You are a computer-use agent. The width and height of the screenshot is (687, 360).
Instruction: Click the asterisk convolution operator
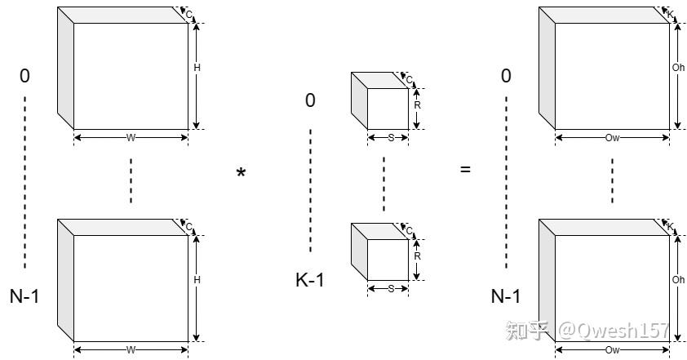(x=241, y=172)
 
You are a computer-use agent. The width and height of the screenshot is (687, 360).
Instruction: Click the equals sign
(x=465, y=169)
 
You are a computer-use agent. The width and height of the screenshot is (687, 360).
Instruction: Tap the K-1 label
(x=310, y=280)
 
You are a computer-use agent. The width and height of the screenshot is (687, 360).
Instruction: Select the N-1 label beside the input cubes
(x=24, y=296)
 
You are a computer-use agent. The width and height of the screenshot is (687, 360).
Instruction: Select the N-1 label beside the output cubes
(x=506, y=296)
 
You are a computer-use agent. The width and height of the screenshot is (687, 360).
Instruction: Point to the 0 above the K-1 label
(x=310, y=100)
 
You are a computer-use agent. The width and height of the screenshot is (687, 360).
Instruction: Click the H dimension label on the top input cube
(x=197, y=68)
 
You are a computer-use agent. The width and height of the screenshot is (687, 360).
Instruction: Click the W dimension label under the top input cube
(x=131, y=138)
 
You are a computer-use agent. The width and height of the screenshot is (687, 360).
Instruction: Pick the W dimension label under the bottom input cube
(x=131, y=350)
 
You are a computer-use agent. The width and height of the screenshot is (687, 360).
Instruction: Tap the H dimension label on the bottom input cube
(x=197, y=280)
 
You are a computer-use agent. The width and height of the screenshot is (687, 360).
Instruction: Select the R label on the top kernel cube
(x=417, y=105)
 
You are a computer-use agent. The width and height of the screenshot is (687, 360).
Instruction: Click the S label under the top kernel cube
(x=392, y=138)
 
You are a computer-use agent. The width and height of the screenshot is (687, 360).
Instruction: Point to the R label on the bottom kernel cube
(x=417, y=256)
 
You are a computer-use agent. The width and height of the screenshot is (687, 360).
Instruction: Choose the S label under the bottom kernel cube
(x=392, y=288)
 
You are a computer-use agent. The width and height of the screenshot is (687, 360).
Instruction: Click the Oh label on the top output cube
(x=678, y=68)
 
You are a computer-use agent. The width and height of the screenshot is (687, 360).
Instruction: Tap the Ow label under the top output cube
(x=612, y=138)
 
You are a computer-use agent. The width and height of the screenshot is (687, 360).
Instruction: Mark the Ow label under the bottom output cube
(x=612, y=350)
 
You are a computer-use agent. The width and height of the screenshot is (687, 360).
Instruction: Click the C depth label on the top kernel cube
(x=410, y=80)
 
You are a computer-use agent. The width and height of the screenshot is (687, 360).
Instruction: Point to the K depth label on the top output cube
(x=671, y=14)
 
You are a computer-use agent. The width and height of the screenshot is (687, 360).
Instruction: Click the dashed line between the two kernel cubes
(x=383, y=184)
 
